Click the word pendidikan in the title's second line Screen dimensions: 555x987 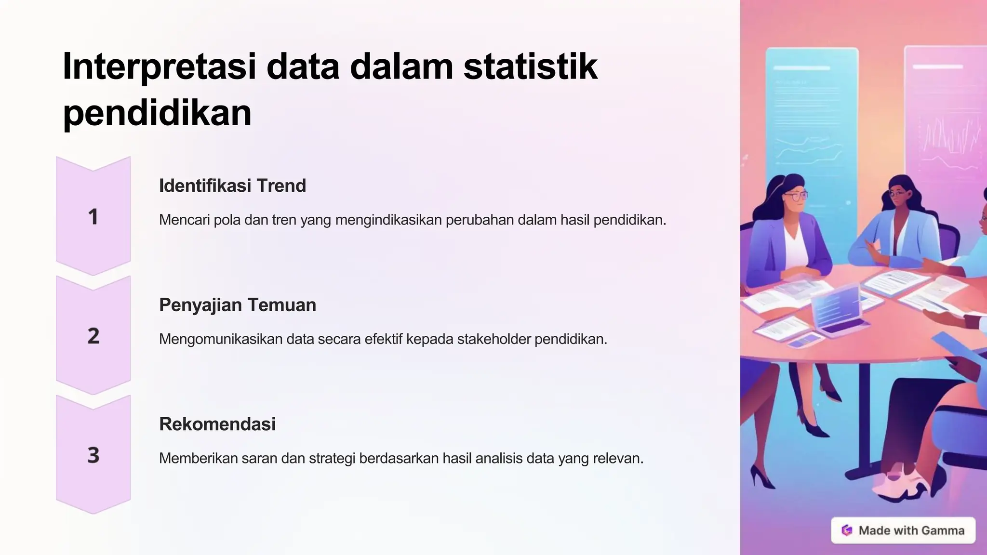(157, 114)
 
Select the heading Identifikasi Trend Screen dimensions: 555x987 (232, 186)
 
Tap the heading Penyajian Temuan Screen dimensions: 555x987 (238, 305)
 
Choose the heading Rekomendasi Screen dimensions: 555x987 (217, 424)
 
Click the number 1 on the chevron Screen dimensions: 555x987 (93, 217)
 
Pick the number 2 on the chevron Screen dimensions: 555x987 (93, 336)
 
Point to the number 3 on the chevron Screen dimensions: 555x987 (93, 455)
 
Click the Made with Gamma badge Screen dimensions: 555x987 (903, 530)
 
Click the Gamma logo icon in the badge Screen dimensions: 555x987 (847, 530)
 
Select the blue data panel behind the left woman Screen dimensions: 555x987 (812, 111)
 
